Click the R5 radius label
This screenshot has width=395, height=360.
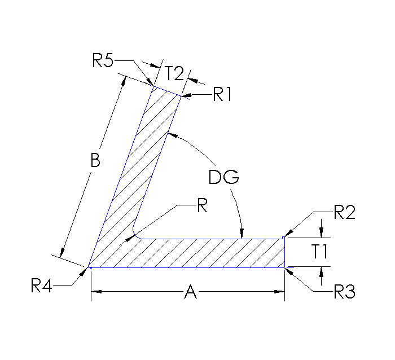point(104,60)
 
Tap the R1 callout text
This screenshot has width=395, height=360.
point(223,95)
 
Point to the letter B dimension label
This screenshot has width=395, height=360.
point(95,161)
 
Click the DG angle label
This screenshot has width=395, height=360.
point(224,178)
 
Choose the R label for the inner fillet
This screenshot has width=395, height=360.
point(201,207)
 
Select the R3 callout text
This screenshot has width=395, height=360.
point(344,292)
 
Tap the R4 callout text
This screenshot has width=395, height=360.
point(42,286)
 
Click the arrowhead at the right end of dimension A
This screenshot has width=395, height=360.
point(279,292)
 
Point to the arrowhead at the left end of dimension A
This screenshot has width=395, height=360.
point(96,292)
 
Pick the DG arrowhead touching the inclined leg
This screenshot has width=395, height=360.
point(172,134)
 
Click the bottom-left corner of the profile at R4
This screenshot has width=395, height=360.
point(89,266)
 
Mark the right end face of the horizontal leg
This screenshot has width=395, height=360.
point(284,252)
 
